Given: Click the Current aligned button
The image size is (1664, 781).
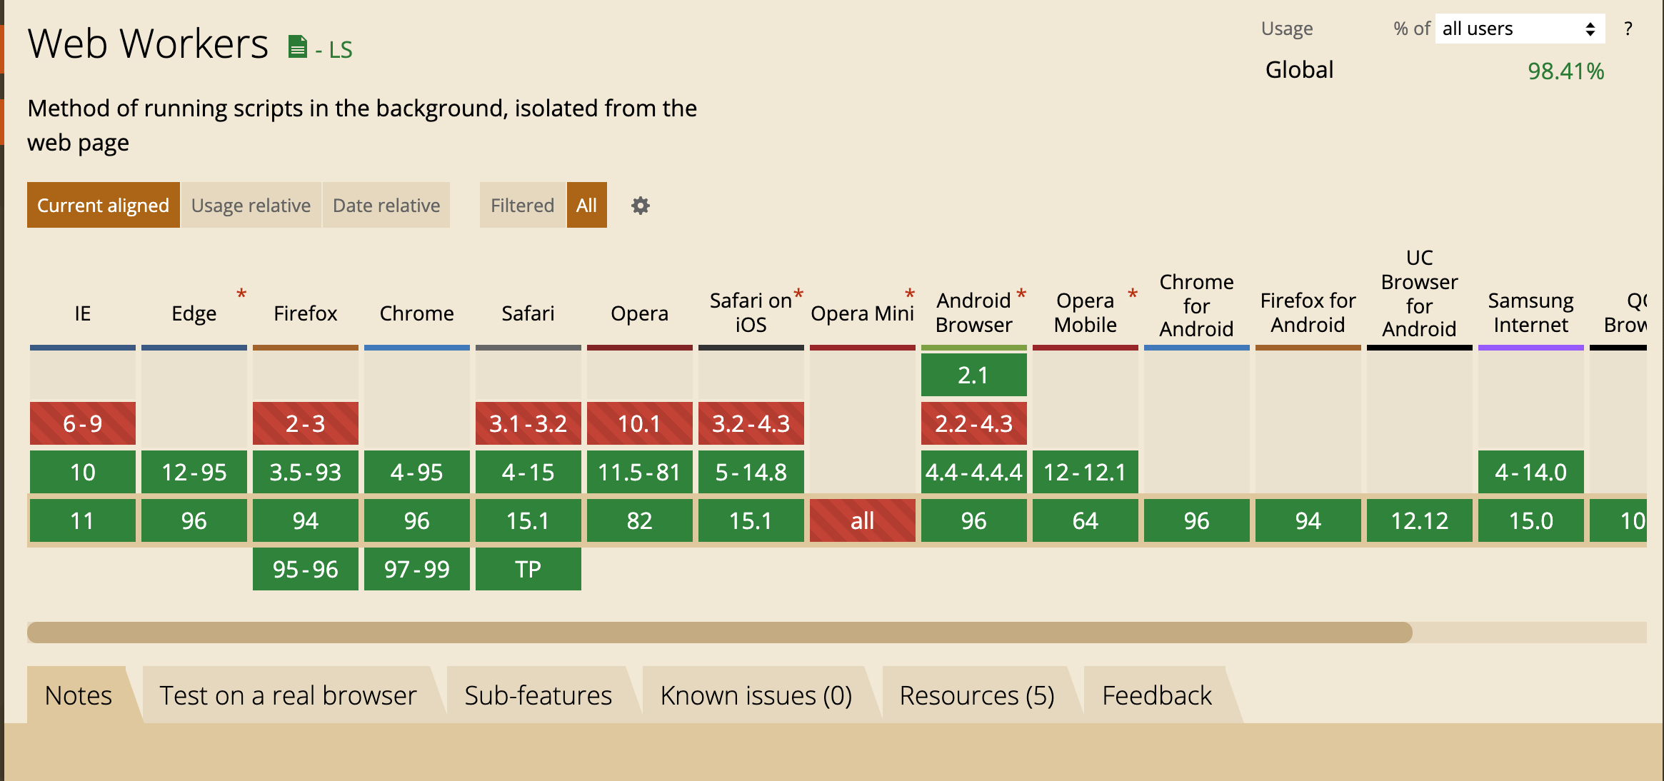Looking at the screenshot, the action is (103, 205).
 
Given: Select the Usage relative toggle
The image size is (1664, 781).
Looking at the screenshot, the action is (251, 205).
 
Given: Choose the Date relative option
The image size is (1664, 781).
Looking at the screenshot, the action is (386, 205).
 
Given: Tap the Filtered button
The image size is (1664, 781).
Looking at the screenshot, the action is (522, 205).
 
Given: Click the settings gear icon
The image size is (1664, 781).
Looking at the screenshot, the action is (641, 206).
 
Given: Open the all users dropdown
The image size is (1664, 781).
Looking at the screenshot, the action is (1520, 29).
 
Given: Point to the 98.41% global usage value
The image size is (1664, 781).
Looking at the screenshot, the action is (1565, 71).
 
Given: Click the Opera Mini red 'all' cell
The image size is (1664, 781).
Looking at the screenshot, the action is (863, 520).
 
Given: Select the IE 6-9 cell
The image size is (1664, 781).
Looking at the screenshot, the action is (83, 423).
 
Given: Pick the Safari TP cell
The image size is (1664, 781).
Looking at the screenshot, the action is (528, 569).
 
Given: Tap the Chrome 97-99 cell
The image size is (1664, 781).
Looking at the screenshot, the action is (417, 569).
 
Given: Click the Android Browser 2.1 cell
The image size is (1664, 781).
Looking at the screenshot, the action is (974, 375).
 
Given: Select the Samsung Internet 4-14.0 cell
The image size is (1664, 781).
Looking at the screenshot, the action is (1531, 472).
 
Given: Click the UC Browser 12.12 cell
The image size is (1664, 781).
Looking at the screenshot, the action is (1420, 520).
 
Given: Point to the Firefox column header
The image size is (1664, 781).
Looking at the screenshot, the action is (306, 313).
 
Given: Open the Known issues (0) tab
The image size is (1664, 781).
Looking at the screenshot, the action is (756, 695).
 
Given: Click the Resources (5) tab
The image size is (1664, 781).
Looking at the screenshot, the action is (977, 695).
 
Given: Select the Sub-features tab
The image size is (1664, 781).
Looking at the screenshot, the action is (538, 695).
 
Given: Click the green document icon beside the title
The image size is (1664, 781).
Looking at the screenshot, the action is (297, 47).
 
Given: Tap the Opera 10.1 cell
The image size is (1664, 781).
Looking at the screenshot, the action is (640, 423).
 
